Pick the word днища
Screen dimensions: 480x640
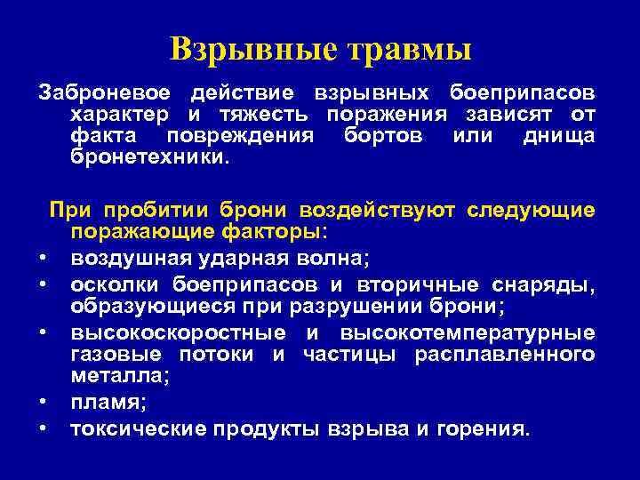(560, 136)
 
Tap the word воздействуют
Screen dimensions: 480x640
(378, 211)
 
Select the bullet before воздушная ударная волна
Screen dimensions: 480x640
(43, 260)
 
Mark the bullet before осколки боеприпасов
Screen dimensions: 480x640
(43, 285)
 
